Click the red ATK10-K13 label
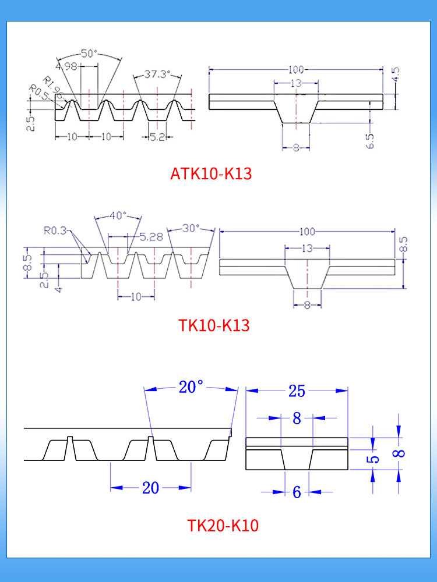pyautogui.click(x=211, y=173)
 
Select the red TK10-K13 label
pyautogui.click(x=214, y=325)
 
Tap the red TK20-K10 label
pyautogui.click(x=223, y=526)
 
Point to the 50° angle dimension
pyautogui.click(x=89, y=54)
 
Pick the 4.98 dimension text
pyautogui.click(x=69, y=66)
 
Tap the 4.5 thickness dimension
pyautogui.click(x=396, y=74)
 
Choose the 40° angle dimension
pyautogui.click(x=118, y=215)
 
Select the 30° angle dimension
pyautogui.click(x=191, y=228)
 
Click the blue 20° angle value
pyautogui.click(x=191, y=386)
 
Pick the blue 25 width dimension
pyautogui.click(x=297, y=391)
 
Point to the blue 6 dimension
pyautogui.click(x=297, y=492)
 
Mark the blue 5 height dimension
pyautogui.click(x=375, y=459)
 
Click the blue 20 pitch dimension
pyautogui.click(x=150, y=488)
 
